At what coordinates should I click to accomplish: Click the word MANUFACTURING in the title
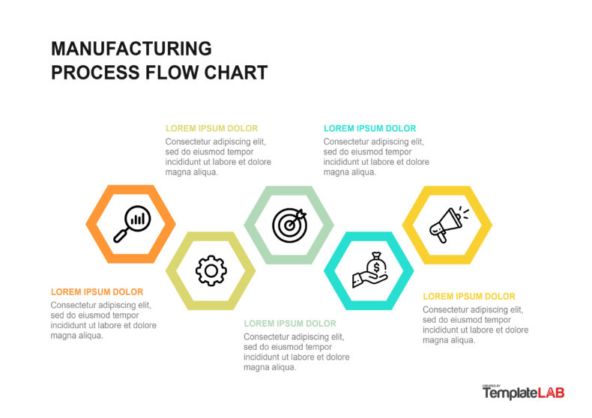pyautogui.click(x=131, y=49)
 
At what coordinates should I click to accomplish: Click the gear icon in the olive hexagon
pyautogui.click(x=211, y=270)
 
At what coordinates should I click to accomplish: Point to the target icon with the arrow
pyautogui.click(x=289, y=224)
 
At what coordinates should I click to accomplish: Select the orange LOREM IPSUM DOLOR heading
pyautogui.click(x=97, y=292)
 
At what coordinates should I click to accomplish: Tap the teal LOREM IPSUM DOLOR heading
pyautogui.click(x=369, y=128)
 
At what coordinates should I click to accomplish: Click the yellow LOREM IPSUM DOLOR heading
pyautogui.click(x=468, y=297)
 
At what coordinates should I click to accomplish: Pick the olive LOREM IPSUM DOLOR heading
pyautogui.click(x=211, y=128)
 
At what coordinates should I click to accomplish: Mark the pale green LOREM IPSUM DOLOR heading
pyautogui.click(x=290, y=324)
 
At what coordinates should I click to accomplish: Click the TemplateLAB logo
pyautogui.click(x=523, y=392)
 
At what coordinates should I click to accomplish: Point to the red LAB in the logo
pyautogui.click(x=551, y=393)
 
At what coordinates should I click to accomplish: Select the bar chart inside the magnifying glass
pyautogui.click(x=138, y=219)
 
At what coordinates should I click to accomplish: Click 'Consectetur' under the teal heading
pyautogui.click(x=346, y=142)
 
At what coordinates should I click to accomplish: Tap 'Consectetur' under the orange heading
pyautogui.click(x=73, y=306)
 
